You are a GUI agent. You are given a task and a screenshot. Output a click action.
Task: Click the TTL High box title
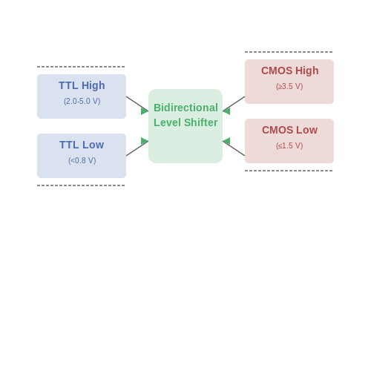tap(82, 85)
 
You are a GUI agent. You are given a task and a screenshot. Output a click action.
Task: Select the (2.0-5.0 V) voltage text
tap(82, 101)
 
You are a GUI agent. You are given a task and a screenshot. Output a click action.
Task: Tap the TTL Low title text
tap(82, 145)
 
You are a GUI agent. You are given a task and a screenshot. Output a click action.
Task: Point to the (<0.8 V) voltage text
tap(82, 160)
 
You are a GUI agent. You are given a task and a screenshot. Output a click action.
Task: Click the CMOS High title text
tap(290, 70)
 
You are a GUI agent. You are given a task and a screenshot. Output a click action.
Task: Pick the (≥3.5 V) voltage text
tap(289, 86)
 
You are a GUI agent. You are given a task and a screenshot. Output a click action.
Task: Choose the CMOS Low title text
tap(289, 130)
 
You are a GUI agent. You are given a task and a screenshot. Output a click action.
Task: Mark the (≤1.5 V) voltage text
tap(289, 145)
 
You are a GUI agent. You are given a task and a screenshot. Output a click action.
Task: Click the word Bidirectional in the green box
tap(185, 108)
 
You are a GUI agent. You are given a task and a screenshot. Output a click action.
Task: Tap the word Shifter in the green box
tap(201, 122)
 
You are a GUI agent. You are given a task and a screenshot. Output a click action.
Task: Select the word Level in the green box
tap(168, 122)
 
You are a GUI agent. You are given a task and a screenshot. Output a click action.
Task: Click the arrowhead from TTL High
tap(145, 111)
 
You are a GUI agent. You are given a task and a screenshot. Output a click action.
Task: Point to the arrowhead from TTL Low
tap(145, 141)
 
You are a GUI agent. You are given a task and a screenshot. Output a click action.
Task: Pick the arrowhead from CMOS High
tap(226, 111)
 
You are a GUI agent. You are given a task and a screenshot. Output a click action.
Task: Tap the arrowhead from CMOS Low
tap(226, 141)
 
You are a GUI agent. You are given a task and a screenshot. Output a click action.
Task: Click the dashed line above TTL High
tap(81, 67)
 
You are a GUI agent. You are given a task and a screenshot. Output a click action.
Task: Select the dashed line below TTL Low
tap(81, 185)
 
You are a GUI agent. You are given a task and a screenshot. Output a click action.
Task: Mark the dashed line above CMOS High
tap(289, 52)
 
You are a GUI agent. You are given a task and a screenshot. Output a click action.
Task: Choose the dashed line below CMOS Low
tap(289, 171)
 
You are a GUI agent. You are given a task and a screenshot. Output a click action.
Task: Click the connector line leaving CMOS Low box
tap(234, 148)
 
